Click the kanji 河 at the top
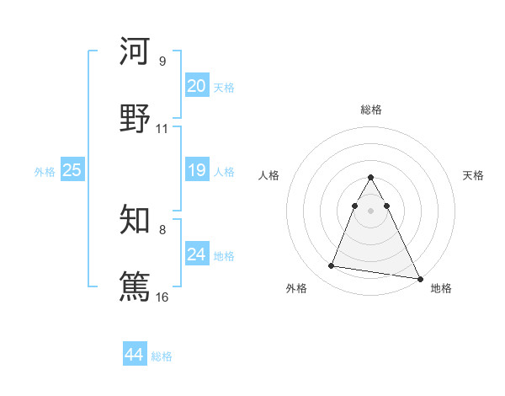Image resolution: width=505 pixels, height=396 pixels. point(135,52)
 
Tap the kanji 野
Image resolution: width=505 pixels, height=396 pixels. point(135,119)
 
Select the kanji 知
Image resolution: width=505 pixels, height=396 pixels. point(135,220)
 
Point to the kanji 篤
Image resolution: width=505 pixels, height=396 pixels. point(135,286)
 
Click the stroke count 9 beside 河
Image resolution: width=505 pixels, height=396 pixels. point(162,62)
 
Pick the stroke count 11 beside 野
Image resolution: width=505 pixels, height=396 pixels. point(162,129)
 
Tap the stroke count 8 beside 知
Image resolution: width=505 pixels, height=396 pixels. point(162,229)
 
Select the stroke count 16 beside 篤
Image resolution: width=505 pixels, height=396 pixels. point(162,297)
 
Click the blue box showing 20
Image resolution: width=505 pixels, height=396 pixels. point(196,86)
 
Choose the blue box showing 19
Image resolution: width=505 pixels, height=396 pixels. point(196,170)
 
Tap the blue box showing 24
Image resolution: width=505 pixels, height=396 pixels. point(196,254)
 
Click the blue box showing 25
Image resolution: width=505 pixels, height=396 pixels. point(72,170)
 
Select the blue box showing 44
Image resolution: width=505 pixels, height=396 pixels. point(135,355)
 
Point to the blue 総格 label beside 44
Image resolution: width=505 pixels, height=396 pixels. point(162,356)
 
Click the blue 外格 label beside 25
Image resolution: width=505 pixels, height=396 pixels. point(45,172)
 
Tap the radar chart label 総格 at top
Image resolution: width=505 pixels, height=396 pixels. point(371,110)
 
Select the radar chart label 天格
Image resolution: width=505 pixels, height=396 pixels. point(473,175)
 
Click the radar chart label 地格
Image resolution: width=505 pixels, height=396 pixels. point(441,288)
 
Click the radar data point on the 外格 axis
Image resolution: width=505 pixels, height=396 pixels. point(332,266)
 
